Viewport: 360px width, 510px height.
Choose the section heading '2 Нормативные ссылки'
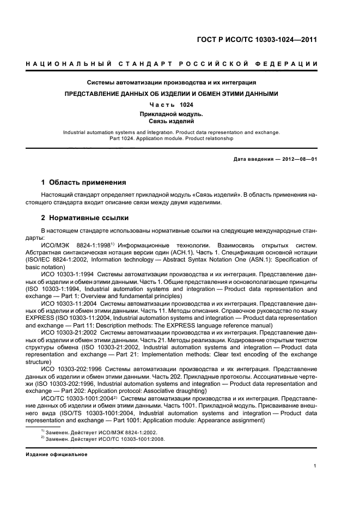85,218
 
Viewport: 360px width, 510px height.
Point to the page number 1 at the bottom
315,466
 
